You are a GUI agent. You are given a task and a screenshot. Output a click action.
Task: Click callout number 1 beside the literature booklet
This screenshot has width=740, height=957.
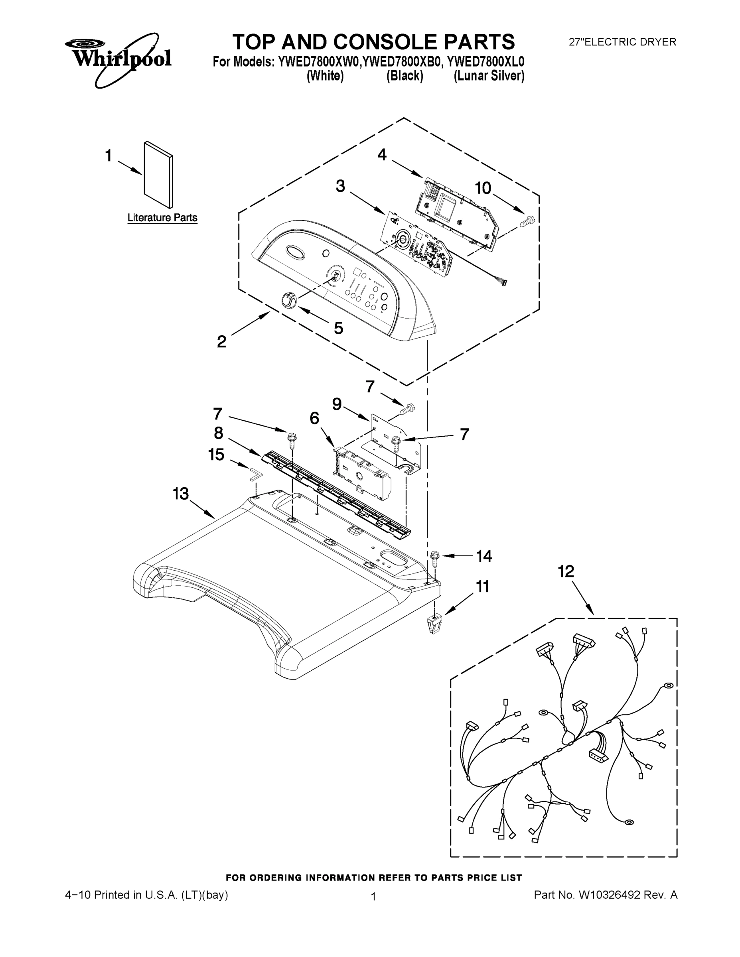click(x=108, y=156)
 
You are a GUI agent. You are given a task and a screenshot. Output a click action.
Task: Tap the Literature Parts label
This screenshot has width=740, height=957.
click(x=162, y=218)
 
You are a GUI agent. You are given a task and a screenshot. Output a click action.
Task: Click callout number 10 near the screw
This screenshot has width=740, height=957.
click(x=483, y=189)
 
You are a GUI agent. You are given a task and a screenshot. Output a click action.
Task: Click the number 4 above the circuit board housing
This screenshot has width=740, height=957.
click(x=382, y=154)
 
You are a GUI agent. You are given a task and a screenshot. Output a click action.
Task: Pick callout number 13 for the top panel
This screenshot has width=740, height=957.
click(x=180, y=494)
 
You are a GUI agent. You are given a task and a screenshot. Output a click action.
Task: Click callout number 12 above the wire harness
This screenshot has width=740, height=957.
click(x=566, y=571)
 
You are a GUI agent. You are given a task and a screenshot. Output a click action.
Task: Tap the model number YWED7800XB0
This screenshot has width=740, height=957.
click(x=402, y=62)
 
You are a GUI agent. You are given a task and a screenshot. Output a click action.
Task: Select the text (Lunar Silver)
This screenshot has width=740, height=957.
click(x=489, y=76)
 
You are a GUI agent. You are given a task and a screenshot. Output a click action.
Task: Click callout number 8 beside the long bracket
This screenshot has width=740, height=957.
click(x=218, y=433)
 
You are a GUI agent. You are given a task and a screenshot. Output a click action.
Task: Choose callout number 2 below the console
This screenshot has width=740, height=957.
click(x=222, y=341)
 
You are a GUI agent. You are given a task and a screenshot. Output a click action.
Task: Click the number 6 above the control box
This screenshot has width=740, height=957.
click(x=314, y=418)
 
